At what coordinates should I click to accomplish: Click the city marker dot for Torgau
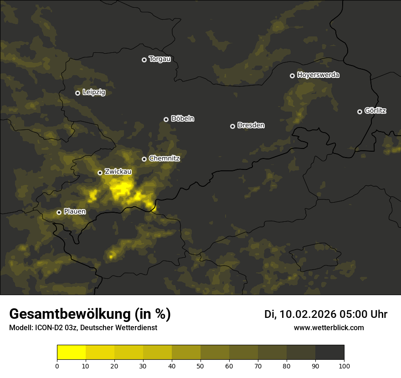tap(144, 60)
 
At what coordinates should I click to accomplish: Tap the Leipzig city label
tap(94, 92)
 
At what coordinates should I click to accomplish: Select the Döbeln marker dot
tap(166, 119)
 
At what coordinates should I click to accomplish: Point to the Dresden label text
tap(251, 125)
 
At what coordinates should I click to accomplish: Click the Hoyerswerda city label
tap(318, 75)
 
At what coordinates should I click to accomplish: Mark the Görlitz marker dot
tap(360, 112)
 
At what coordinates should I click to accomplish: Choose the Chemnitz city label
tap(165, 158)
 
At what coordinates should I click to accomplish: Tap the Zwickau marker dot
tap(100, 173)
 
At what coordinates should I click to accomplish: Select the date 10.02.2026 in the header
tap(308, 314)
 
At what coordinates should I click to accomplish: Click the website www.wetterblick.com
tap(329, 327)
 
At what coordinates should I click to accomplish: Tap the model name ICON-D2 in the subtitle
tap(50, 328)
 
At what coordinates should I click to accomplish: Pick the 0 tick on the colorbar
tap(57, 365)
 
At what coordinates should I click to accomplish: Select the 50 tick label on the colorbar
tap(200, 365)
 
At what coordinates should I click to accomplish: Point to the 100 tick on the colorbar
tap(344, 365)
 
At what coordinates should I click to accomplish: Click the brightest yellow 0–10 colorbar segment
tap(71, 352)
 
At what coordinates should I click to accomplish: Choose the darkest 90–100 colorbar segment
tap(329, 352)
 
